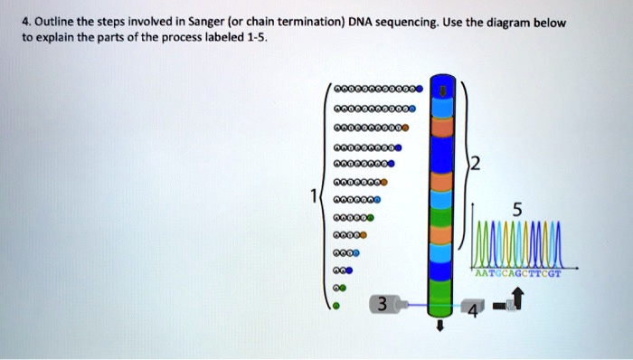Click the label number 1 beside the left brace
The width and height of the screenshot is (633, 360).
point(314,196)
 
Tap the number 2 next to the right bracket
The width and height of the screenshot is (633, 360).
point(477,163)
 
